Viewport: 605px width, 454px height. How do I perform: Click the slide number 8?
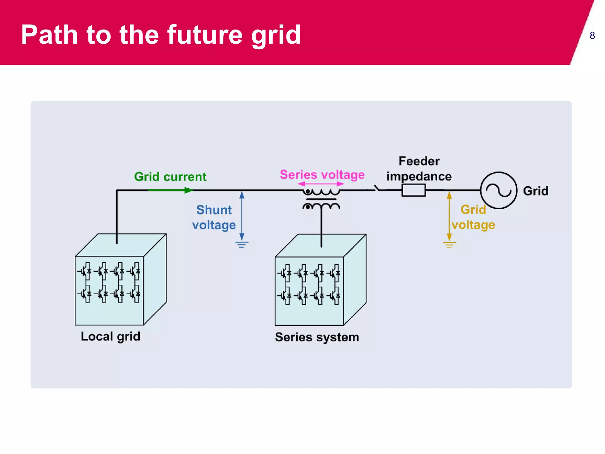point(592,36)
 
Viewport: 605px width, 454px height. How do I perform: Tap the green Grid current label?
point(170,177)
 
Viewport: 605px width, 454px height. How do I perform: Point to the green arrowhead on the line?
point(188,190)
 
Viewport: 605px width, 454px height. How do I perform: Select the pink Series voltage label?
point(322,174)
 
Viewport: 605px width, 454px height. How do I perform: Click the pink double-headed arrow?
point(321,184)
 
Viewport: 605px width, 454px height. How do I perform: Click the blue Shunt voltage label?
point(214,217)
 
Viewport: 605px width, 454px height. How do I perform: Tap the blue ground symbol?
point(242,244)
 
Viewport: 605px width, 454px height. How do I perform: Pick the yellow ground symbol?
point(449,245)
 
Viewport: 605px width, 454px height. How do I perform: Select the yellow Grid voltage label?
point(473,217)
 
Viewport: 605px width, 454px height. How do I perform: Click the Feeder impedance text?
point(419,169)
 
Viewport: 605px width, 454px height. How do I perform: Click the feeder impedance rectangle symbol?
point(414,190)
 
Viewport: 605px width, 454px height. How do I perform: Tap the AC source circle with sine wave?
point(499,190)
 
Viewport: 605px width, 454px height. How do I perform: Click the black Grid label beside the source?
point(536,191)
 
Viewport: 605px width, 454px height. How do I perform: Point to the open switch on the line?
point(378,189)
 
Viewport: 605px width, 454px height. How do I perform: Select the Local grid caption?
point(110,337)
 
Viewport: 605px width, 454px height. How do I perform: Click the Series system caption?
point(317,337)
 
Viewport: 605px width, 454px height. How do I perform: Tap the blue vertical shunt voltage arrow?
point(242,216)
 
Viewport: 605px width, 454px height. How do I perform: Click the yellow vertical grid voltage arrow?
point(449,216)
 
